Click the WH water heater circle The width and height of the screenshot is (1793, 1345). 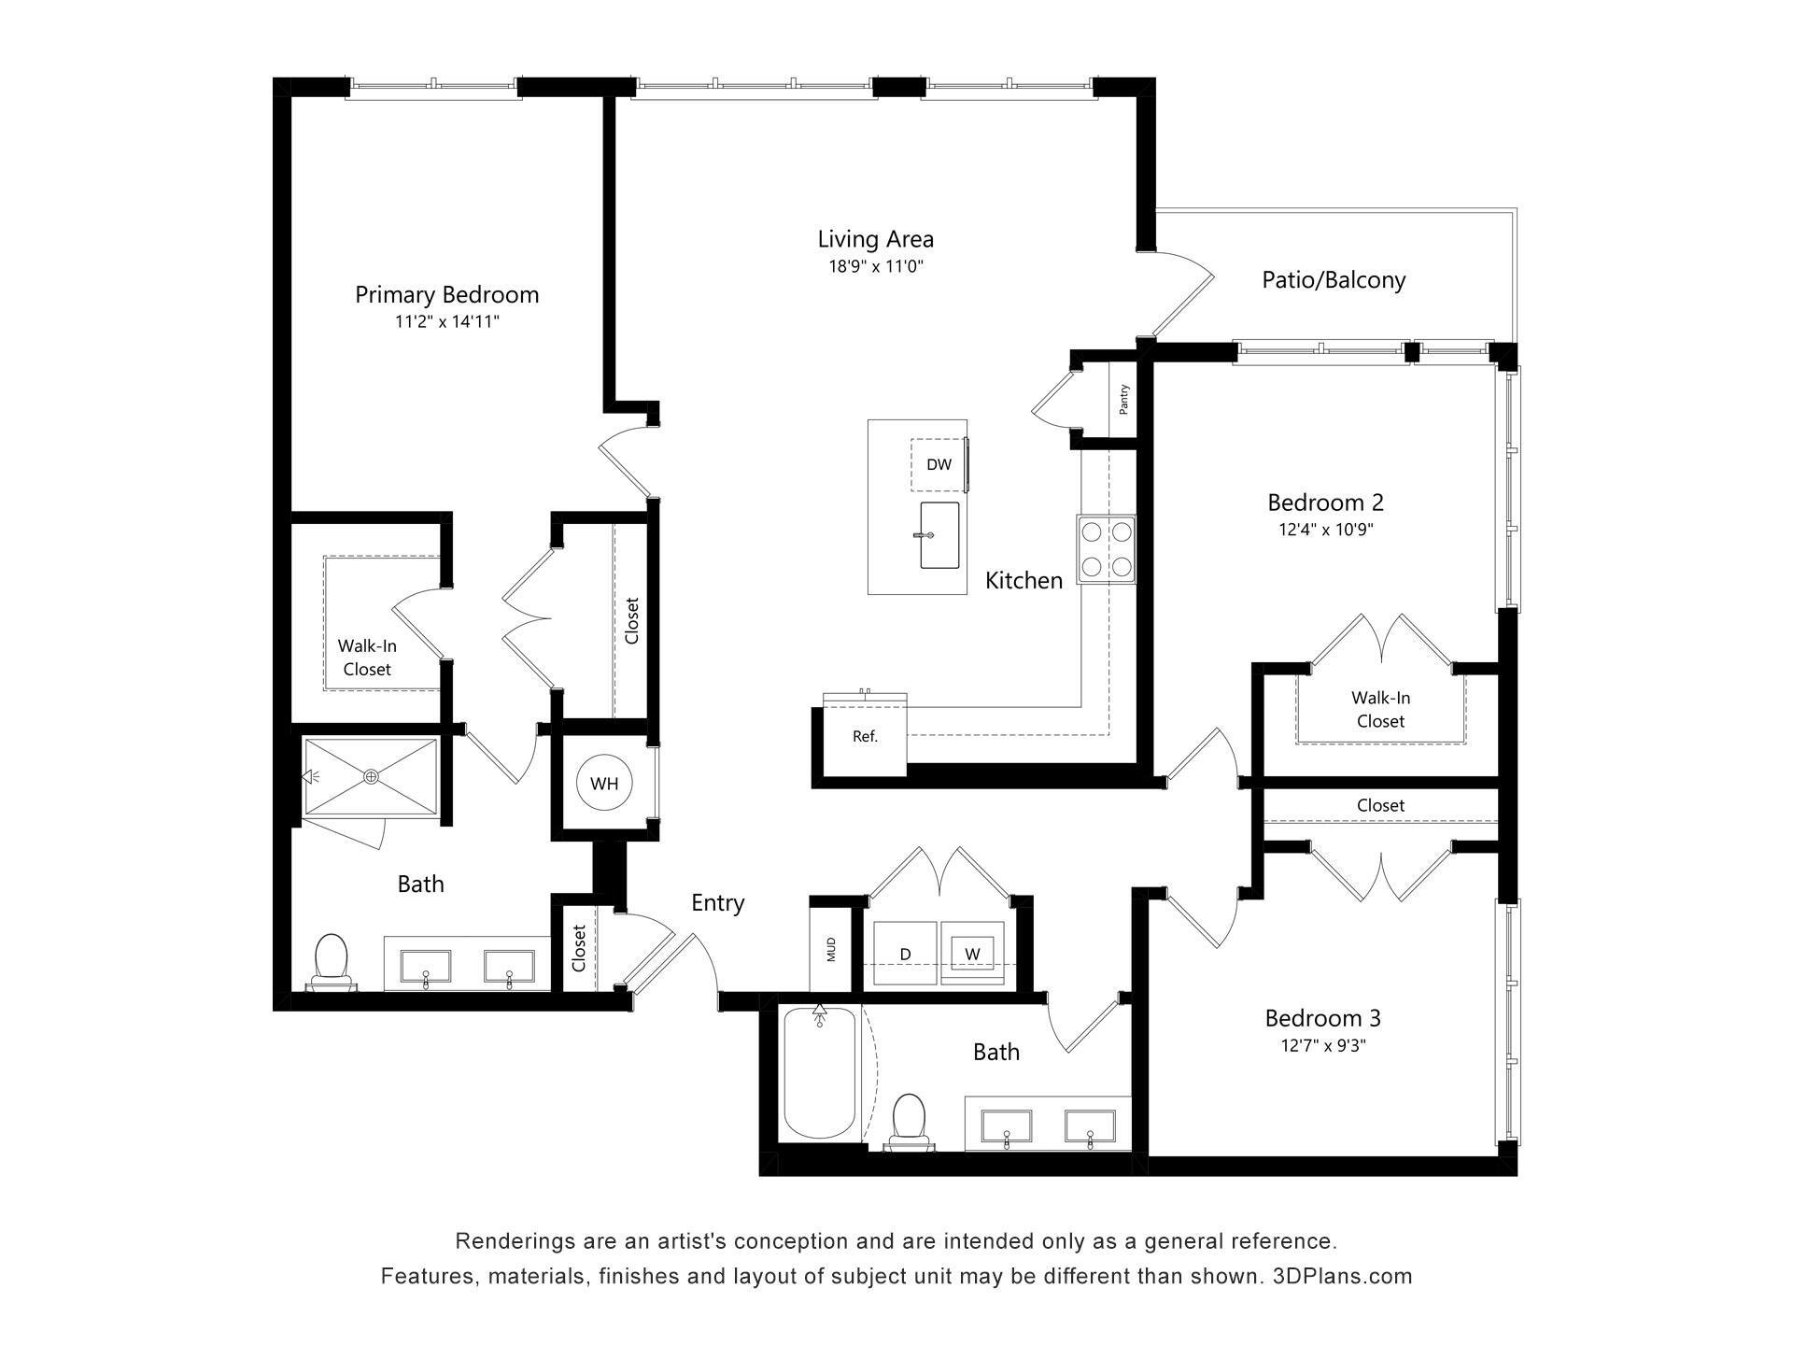(604, 784)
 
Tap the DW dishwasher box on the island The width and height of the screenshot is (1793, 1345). (939, 464)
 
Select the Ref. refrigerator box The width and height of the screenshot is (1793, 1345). (865, 737)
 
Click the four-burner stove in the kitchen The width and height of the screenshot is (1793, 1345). (1106, 549)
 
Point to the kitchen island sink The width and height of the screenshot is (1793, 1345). (939, 535)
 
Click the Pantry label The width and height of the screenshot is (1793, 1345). (1123, 399)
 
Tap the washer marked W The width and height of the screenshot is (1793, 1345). (972, 954)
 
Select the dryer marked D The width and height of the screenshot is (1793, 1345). (904, 954)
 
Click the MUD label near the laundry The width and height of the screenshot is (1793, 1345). (831, 950)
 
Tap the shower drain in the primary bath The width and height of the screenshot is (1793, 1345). (372, 776)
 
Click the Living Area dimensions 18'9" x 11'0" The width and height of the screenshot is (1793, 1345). (875, 266)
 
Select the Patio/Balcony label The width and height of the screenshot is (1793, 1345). (1333, 279)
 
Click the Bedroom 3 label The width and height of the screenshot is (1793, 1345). (1322, 1017)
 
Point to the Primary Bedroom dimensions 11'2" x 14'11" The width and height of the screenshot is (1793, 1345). (446, 321)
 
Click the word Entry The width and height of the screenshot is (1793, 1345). (717, 902)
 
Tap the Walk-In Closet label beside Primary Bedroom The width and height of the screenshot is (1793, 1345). (366, 658)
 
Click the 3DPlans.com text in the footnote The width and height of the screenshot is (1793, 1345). (1342, 1276)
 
